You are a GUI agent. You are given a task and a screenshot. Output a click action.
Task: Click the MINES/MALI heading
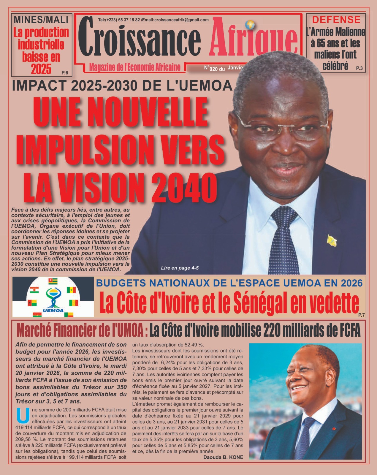41,20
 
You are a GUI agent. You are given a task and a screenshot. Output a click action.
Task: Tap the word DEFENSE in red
336,20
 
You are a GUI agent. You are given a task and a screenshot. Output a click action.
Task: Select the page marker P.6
65,72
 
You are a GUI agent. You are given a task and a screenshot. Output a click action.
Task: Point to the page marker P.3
359,68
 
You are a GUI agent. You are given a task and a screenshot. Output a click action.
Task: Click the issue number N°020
211,68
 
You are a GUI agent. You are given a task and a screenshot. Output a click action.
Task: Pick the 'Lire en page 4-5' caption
180,268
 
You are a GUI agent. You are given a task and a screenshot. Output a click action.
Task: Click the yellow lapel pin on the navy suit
331,240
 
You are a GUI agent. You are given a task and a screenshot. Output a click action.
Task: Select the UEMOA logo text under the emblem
53,311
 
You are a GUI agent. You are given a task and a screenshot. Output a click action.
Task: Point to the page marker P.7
361,315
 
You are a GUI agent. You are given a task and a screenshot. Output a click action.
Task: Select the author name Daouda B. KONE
223,457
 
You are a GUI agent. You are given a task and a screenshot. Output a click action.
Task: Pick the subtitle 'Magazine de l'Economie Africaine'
135,67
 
